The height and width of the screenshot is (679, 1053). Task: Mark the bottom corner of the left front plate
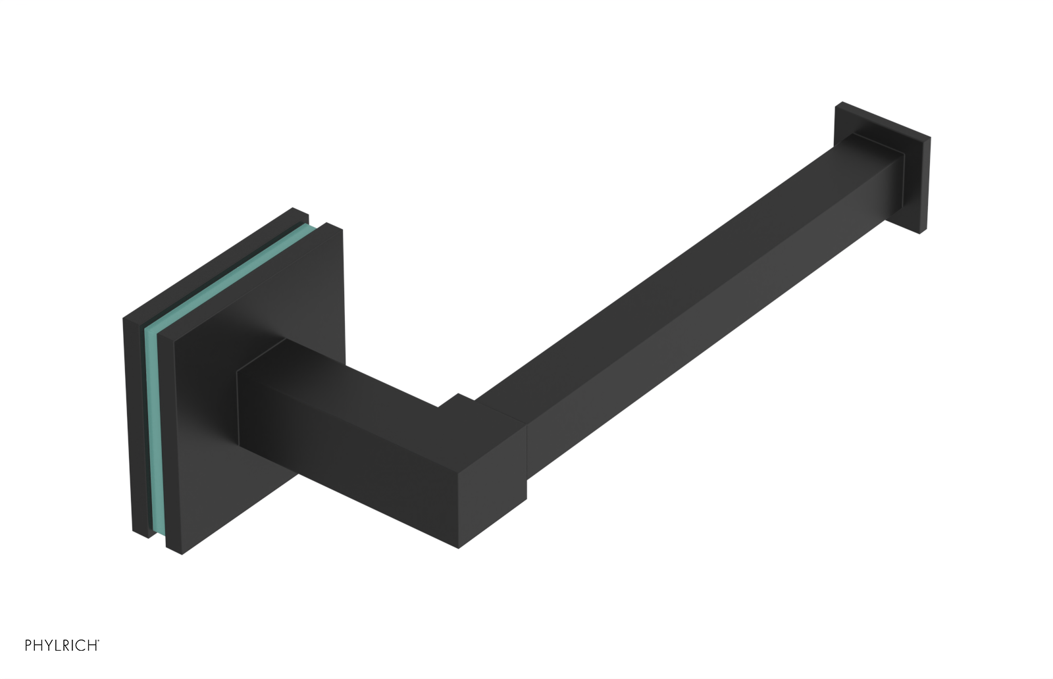point(182,553)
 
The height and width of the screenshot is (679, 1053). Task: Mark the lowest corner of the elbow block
point(459,547)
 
